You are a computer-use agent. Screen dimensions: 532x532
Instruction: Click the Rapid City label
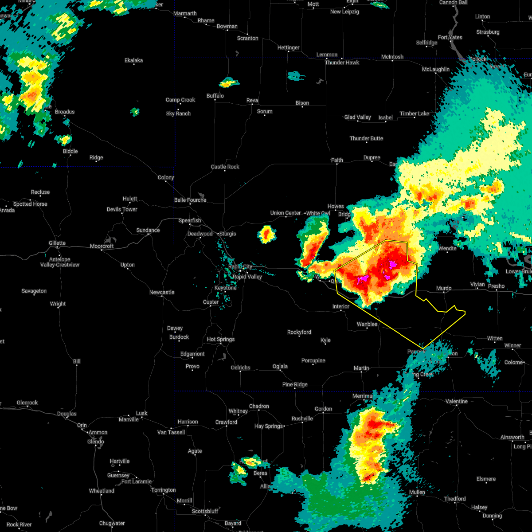[x=240, y=266]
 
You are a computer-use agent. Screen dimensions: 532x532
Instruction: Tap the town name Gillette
[x=57, y=243]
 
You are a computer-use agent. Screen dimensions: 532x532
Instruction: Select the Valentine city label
[x=456, y=401]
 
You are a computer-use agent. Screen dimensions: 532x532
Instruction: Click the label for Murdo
[x=444, y=288]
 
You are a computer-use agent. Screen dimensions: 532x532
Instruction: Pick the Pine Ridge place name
[x=295, y=384]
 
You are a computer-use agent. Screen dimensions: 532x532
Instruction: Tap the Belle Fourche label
[x=190, y=200]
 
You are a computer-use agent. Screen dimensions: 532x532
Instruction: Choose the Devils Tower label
[x=122, y=209]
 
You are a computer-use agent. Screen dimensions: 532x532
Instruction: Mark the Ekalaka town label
[x=133, y=60]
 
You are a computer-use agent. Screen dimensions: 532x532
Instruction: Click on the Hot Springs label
[x=221, y=339]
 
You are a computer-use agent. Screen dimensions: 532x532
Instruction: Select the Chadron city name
[x=259, y=406]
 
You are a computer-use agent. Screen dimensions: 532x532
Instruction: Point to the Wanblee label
[x=367, y=324]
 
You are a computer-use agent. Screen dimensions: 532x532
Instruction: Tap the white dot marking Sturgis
[x=218, y=234]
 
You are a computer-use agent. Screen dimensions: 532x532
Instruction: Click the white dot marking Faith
[x=337, y=164]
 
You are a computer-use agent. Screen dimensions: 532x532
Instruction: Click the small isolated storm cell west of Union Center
[x=266, y=234]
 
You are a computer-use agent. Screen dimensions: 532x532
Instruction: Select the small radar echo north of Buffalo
[x=229, y=82]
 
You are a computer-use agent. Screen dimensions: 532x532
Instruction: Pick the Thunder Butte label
[x=366, y=138]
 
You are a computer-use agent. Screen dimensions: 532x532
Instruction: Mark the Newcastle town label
[x=162, y=292]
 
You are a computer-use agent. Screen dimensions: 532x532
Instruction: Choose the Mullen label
[x=417, y=492]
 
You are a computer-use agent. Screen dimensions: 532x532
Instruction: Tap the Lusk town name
[x=142, y=413]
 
